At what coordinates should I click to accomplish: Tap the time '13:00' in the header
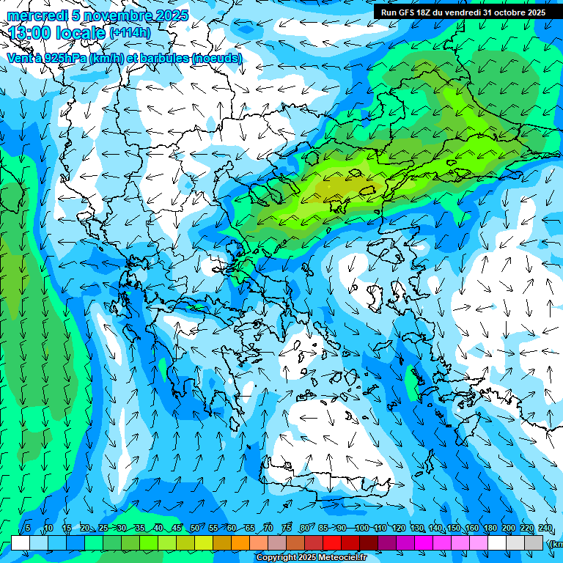(29, 33)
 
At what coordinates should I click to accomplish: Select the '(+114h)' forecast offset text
(131, 33)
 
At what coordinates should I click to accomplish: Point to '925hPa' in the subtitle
(66, 58)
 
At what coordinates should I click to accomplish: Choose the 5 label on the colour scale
(28, 529)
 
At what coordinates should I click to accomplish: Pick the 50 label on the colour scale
(194, 529)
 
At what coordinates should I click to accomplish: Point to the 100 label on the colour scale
(361, 529)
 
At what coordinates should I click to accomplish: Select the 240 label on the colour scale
(545, 529)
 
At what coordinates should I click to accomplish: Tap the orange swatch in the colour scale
(240, 542)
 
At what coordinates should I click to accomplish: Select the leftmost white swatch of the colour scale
(21, 542)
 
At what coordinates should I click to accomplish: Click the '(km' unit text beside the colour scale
(556, 543)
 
